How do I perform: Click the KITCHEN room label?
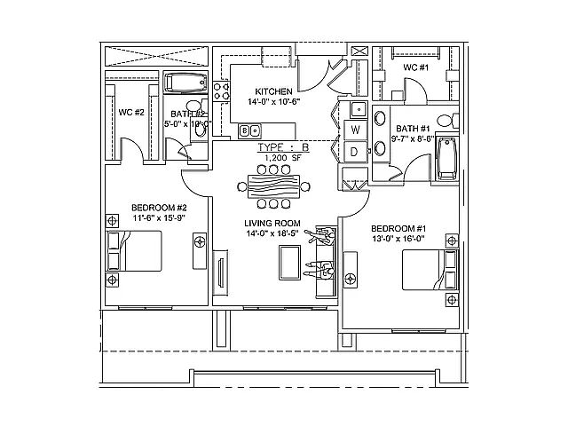pos(272,91)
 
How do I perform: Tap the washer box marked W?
pos(355,130)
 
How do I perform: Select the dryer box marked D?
pos(355,152)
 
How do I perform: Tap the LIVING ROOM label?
pos(273,223)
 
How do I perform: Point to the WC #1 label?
pos(416,67)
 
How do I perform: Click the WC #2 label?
pos(131,113)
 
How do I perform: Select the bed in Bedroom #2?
pos(135,251)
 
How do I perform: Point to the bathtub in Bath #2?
pos(185,85)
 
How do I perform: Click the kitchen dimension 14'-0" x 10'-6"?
pos(273,102)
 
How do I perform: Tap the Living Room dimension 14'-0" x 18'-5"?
pos(273,233)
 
